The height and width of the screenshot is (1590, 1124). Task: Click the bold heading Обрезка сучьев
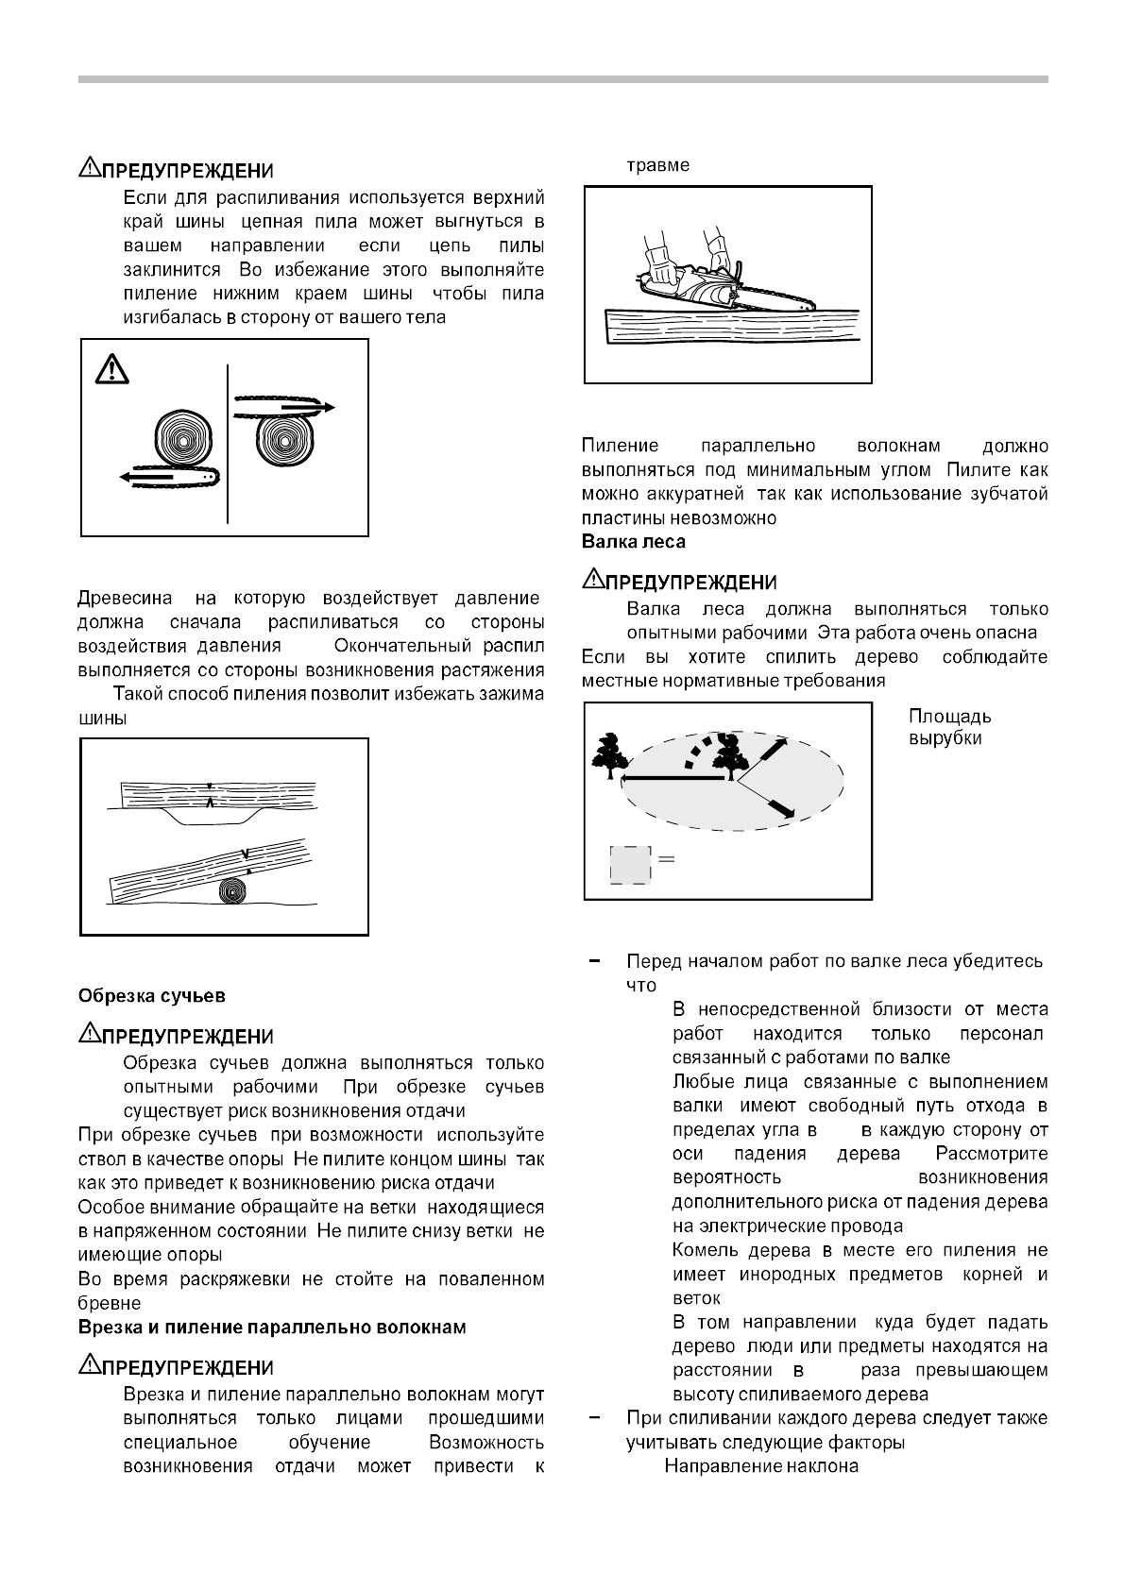(151, 995)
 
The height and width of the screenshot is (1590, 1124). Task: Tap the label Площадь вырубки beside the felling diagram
(949, 727)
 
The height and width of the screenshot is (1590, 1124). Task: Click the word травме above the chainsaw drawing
(658, 165)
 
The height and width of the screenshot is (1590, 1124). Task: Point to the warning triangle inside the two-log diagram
(111, 367)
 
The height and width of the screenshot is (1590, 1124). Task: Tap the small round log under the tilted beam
(232, 890)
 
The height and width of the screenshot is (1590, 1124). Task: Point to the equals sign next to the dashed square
(666, 859)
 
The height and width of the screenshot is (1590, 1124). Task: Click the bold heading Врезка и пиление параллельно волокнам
(271, 1328)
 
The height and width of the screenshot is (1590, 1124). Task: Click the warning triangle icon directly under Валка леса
(591, 578)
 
